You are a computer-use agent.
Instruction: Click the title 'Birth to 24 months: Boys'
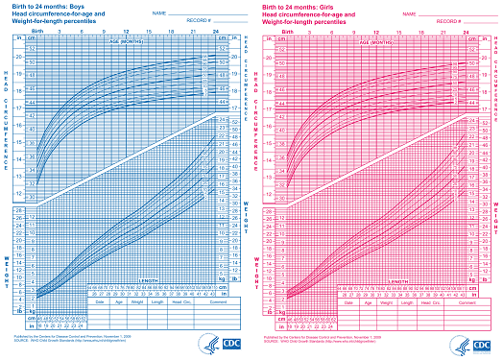click(x=52, y=6)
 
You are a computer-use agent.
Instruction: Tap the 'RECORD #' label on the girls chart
click(x=430, y=20)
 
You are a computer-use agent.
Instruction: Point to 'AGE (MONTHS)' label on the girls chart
click(x=379, y=43)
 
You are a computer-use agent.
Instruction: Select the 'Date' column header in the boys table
click(x=98, y=300)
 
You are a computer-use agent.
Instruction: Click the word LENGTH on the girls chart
click(x=401, y=281)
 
